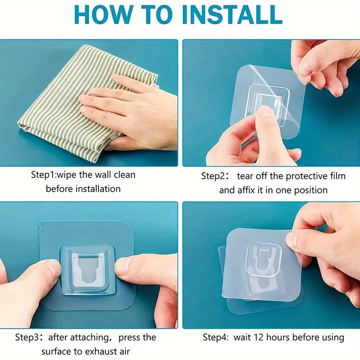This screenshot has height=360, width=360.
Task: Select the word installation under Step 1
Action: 98,189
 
